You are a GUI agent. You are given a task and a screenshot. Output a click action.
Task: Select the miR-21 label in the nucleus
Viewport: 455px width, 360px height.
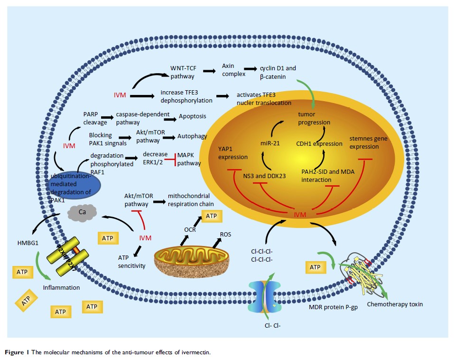(269, 143)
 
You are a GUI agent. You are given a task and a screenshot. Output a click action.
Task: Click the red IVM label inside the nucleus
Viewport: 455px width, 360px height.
(300, 215)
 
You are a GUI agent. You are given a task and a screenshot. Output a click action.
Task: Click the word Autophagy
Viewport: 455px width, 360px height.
(193, 136)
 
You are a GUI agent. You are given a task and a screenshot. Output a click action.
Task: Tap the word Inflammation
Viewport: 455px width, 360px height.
(61, 287)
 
